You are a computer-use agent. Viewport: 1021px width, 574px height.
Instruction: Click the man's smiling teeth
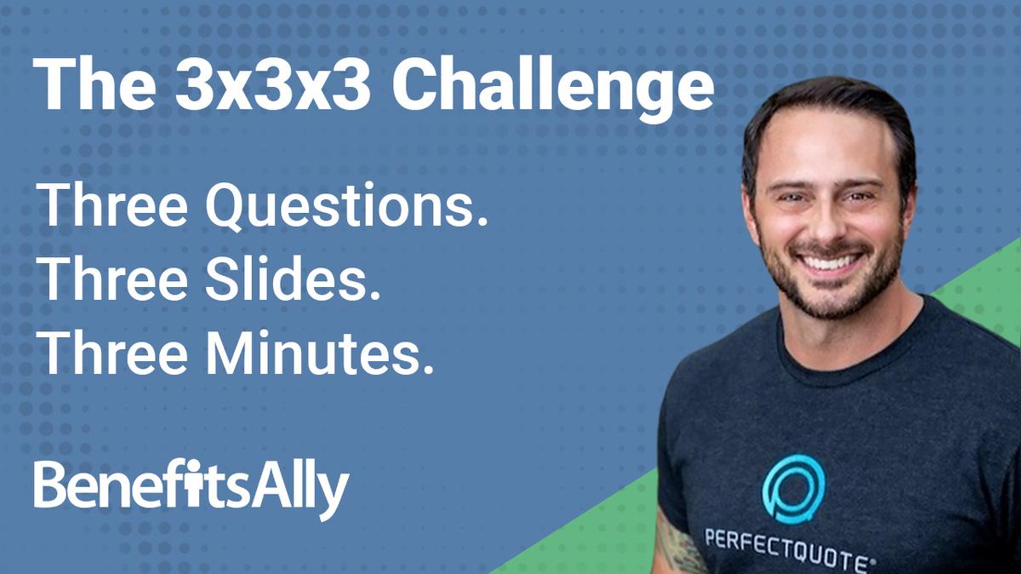[x=830, y=261]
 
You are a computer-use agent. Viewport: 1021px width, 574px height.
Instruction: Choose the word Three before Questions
[x=110, y=207]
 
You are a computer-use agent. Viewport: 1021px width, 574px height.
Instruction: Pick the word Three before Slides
[x=110, y=279]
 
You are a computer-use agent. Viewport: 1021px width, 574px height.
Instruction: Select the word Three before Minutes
[x=110, y=351]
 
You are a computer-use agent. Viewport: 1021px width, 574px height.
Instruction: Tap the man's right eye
[x=790, y=197]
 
